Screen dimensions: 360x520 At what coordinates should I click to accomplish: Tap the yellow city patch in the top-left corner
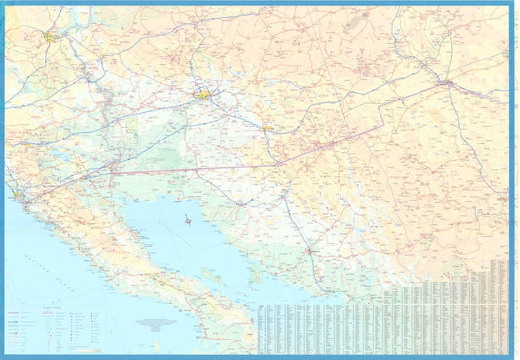click(x=50, y=36)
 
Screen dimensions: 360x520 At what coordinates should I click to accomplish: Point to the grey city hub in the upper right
click(x=446, y=82)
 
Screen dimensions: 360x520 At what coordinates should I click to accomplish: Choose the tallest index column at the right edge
click(x=500, y=302)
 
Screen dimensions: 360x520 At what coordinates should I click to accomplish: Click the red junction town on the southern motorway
click(x=310, y=251)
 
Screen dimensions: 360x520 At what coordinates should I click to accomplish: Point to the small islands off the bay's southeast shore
click(x=256, y=278)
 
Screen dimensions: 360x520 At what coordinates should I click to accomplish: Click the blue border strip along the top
click(x=260, y=3)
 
